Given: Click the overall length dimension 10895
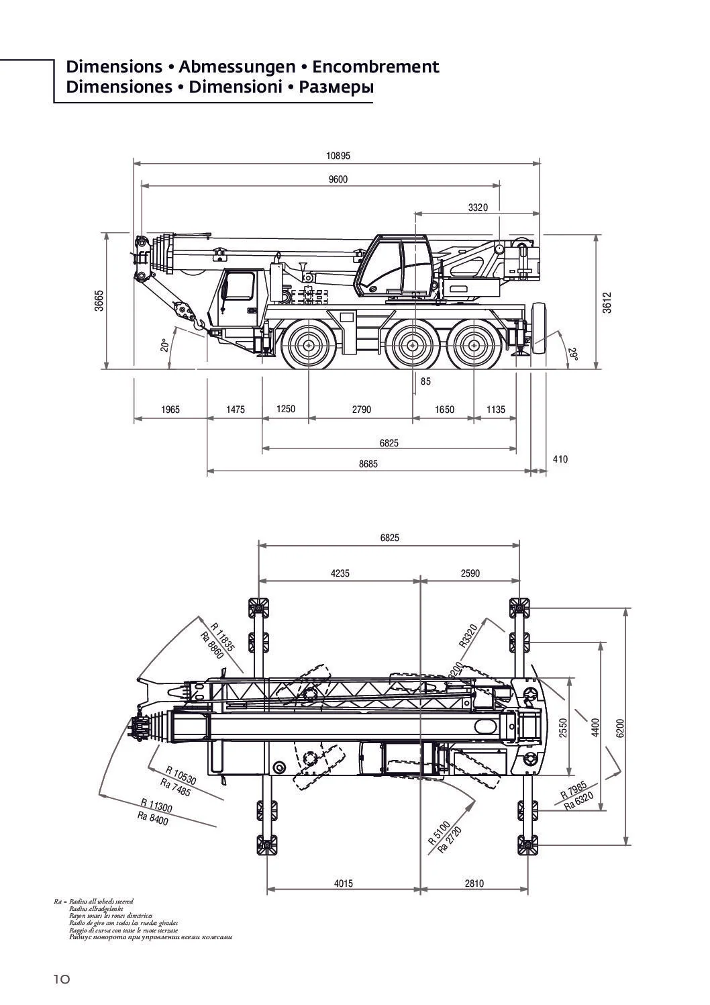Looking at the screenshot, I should pos(338,156).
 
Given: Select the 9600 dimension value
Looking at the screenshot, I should pos(338,179).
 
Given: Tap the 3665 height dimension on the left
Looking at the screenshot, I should pos(99,301).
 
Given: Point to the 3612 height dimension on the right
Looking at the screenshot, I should pos(607,303).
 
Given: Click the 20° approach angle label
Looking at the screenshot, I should pos(164,345).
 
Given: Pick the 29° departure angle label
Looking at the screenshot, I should pos(572,354).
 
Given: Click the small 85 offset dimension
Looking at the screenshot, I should pos(425,381).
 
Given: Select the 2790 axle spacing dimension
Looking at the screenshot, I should pos(361,410).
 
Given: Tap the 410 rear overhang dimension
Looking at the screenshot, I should pos(560,459).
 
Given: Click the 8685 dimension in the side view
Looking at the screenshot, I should pos(368,464).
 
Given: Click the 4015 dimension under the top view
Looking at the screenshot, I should pos(343,883).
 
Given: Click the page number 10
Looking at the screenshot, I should pos(62,979).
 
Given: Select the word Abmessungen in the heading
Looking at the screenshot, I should pos(237,67).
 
